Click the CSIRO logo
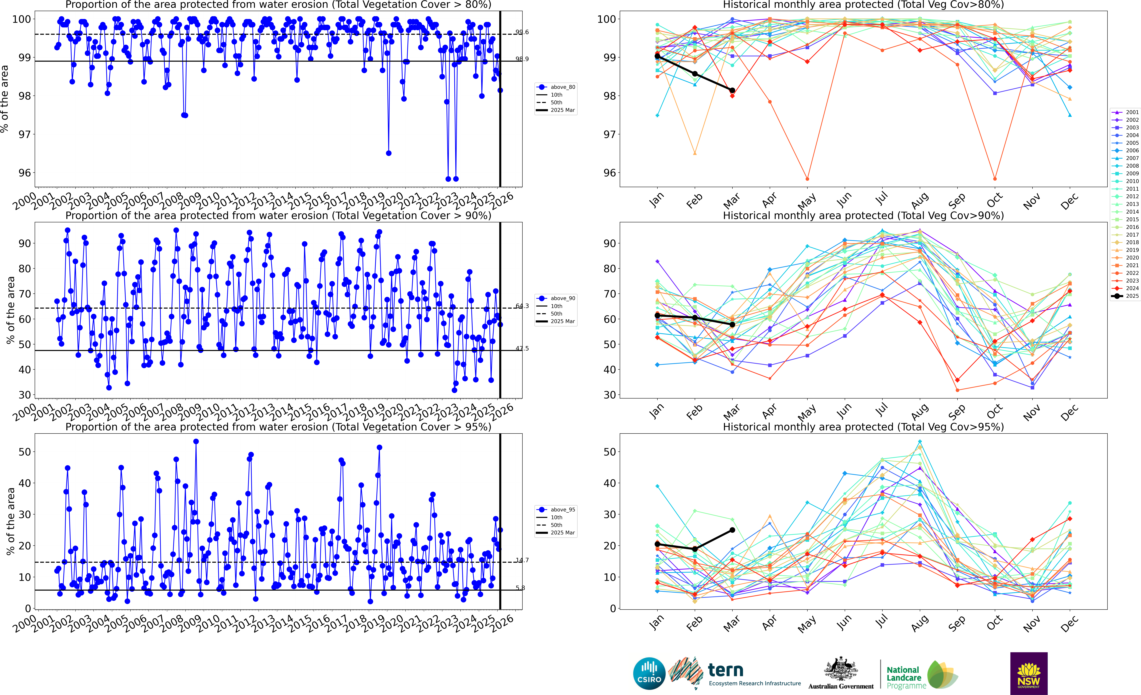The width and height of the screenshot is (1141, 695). pos(649,673)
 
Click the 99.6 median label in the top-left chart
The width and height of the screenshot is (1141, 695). pos(522,32)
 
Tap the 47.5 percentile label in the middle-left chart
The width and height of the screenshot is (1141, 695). pos(522,348)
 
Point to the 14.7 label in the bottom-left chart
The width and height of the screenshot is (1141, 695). pos(522,560)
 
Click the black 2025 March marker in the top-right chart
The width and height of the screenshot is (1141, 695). pos(732,90)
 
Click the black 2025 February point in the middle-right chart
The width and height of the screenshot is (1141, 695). pos(695,317)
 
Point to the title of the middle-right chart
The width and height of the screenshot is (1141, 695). pos(863,216)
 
